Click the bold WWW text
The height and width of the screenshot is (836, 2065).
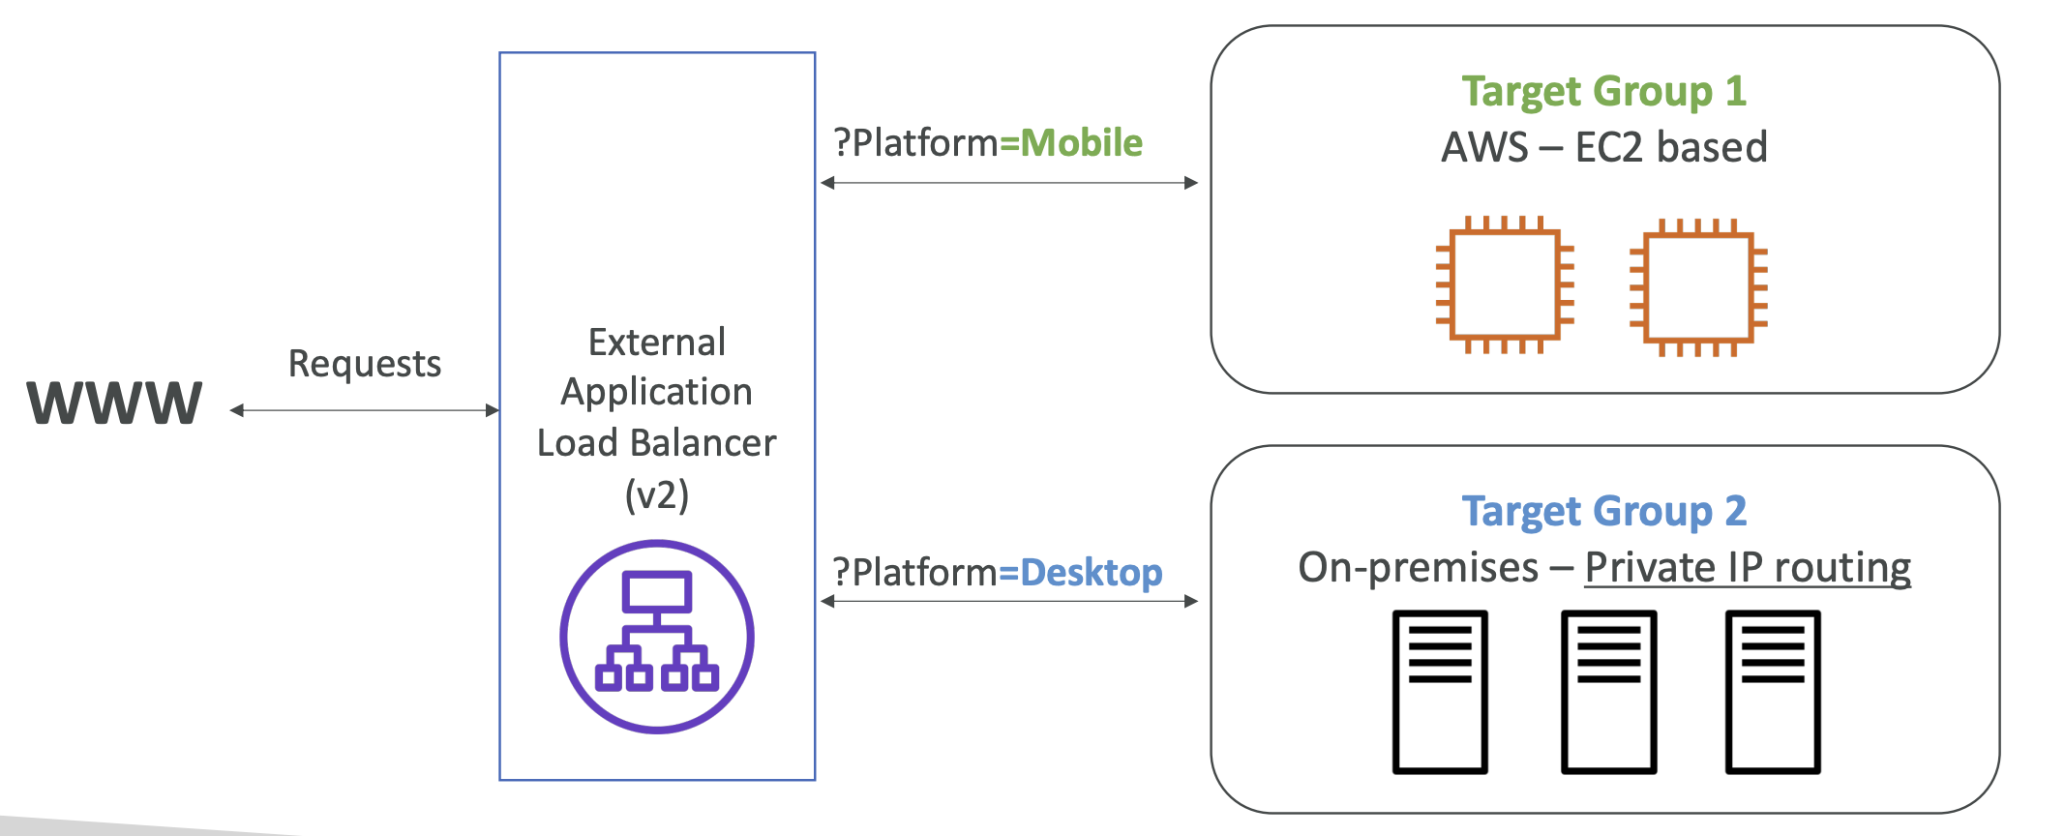coord(114,403)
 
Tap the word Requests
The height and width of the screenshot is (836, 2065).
coord(365,364)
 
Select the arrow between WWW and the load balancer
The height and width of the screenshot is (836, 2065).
coord(365,410)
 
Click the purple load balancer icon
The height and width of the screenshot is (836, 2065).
coord(657,637)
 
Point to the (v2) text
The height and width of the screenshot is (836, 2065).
coord(657,494)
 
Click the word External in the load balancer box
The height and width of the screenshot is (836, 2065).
coord(657,343)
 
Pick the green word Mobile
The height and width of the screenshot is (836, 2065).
coord(1082,143)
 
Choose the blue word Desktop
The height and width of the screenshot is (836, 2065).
coord(1092,573)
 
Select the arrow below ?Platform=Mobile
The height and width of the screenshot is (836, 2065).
coord(1009,183)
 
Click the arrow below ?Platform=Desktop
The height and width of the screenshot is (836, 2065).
coord(1009,601)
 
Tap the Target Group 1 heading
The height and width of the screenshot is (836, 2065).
coord(1604,92)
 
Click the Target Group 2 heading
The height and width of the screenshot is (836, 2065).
coord(1604,512)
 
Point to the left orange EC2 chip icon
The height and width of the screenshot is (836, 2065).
coord(1505,285)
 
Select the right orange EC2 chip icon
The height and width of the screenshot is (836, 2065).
coord(1698,287)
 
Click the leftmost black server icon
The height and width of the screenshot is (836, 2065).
coord(1440,692)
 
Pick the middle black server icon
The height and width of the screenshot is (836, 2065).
coord(1609,692)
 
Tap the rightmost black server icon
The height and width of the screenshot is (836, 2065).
coord(1773,692)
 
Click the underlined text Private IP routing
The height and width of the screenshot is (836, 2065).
coord(1748,568)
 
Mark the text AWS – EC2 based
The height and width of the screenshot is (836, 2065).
coord(1604,147)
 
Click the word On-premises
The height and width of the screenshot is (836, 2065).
coord(1418,568)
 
